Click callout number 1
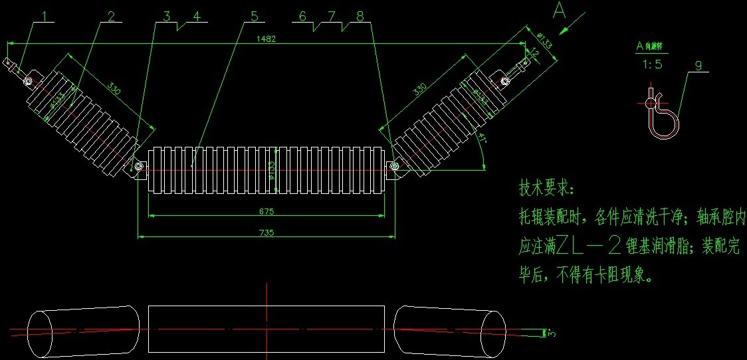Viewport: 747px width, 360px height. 46,15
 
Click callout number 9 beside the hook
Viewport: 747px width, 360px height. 698,65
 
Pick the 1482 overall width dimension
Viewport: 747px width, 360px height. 265,39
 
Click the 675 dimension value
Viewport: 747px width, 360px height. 267,211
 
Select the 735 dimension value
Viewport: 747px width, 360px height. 267,232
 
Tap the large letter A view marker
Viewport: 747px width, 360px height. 560,11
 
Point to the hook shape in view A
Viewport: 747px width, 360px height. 662,117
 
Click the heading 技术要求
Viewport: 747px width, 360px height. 545,188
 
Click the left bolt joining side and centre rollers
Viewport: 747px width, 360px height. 139,166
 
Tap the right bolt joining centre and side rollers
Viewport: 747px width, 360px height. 394,166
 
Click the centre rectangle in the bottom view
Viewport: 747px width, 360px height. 266,329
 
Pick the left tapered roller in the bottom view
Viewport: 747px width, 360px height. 84,330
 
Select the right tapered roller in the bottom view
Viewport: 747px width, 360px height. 449,330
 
